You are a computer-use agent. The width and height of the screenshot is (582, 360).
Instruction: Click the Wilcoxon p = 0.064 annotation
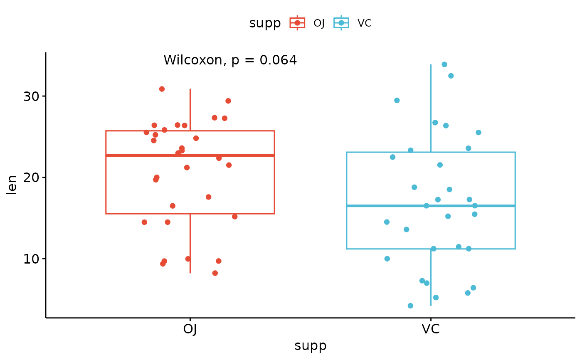click(x=230, y=60)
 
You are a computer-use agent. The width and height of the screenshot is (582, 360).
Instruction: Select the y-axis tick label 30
click(x=31, y=96)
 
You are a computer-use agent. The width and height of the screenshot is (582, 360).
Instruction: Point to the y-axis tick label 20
click(x=31, y=178)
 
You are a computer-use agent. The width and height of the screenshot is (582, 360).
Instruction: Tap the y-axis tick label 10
click(x=31, y=259)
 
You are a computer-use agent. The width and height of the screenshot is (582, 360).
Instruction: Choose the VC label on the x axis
click(x=431, y=329)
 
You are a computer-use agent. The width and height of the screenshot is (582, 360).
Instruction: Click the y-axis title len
click(x=12, y=185)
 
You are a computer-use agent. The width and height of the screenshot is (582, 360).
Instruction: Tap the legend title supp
click(x=265, y=23)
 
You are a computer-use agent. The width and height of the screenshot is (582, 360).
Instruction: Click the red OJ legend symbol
click(x=297, y=23)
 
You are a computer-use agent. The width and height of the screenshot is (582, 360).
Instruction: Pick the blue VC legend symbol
click(x=341, y=23)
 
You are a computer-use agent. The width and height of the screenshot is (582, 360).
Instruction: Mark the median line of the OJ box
click(x=190, y=155)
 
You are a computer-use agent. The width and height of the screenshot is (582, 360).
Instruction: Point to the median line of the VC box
click(x=431, y=206)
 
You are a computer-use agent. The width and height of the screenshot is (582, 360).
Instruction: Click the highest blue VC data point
click(x=444, y=64)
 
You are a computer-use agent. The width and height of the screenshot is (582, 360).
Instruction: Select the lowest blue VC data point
click(x=411, y=306)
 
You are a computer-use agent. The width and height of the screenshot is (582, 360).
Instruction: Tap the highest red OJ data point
click(x=162, y=89)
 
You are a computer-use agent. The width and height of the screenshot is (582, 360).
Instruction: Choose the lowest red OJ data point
click(x=215, y=273)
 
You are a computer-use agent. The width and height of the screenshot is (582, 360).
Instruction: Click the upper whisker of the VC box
click(x=431, y=108)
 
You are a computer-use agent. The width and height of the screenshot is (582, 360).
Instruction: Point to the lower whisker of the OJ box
click(x=190, y=244)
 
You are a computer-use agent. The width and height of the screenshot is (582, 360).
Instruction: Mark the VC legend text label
click(x=365, y=23)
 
